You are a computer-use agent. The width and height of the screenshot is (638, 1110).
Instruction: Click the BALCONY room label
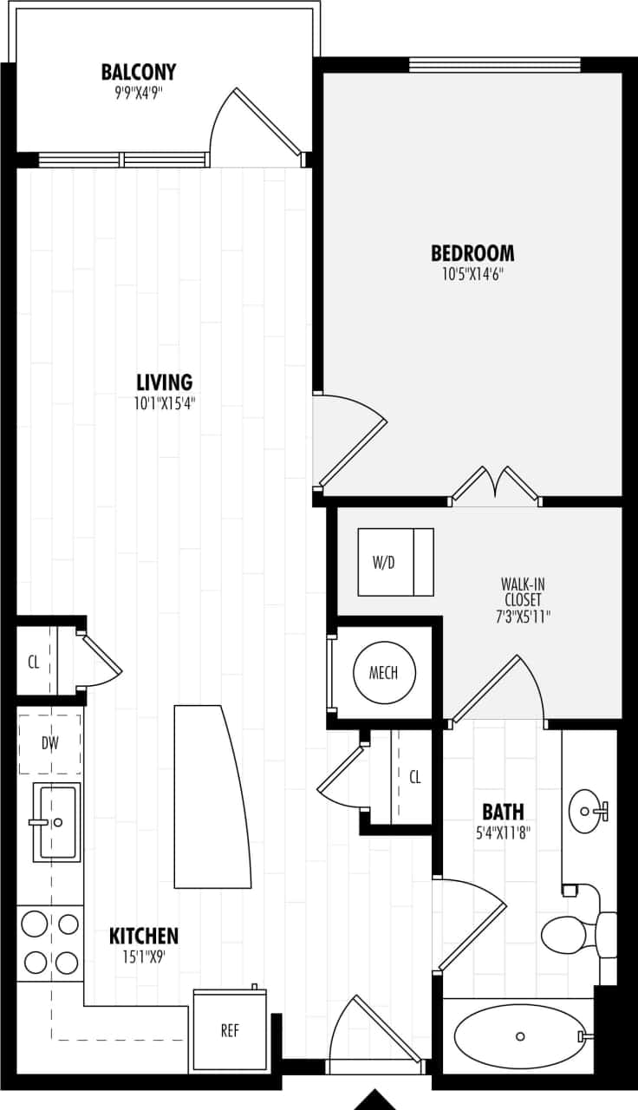[x=139, y=71]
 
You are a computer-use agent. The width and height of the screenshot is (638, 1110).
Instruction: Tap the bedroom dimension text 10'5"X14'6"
[x=472, y=274]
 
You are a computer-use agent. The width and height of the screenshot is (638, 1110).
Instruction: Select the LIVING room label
[x=164, y=382]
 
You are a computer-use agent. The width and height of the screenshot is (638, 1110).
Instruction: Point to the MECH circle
[x=384, y=673]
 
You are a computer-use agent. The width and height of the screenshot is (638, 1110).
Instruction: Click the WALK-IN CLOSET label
[x=523, y=591]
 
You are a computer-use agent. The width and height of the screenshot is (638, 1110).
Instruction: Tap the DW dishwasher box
[x=49, y=743]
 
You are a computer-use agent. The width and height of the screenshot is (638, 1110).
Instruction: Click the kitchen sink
[x=56, y=821]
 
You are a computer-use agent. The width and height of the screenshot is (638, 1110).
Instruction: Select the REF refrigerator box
[x=230, y=1030]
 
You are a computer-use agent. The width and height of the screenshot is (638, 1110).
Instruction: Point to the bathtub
[x=518, y=1036]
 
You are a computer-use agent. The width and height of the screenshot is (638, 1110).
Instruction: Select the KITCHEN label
[x=144, y=937]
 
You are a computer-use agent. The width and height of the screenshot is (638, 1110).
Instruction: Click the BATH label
[x=503, y=813]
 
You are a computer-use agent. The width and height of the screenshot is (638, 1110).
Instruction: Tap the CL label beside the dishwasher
[x=34, y=663]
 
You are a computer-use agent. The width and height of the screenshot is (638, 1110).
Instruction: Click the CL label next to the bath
[x=415, y=777]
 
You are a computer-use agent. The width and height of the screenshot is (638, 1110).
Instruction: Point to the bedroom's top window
[x=494, y=64]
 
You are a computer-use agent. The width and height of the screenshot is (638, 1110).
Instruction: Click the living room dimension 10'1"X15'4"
[x=164, y=403]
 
